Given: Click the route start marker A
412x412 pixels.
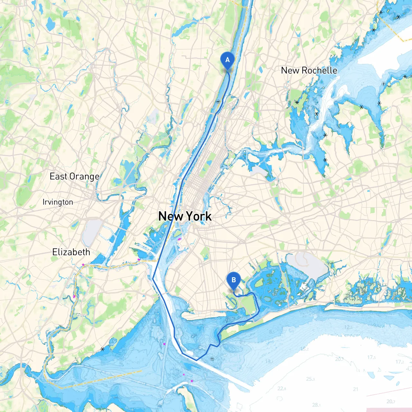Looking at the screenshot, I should pyautogui.click(x=228, y=60).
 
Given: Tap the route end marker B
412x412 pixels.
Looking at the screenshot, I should pyautogui.click(x=234, y=280).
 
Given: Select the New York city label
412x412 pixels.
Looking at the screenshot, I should pyautogui.click(x=185, y=216).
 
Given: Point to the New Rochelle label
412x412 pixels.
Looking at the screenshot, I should pyautogui.click(x=309, y=70).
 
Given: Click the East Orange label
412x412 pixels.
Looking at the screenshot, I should pyautogui.click(x=74, y=176).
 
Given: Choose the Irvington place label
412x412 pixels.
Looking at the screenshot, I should pyautogui.click(x=58, y=202).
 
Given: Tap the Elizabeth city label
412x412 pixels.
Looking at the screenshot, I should pyautogui.click(x=71, y=252).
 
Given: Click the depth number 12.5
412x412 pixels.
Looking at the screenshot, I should pyautogui.click(x=348, y=327).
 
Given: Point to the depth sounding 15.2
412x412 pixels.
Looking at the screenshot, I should pyautogui.click(x=304, y=349).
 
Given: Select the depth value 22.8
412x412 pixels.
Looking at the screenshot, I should pyautogui.click(x=282, y=389).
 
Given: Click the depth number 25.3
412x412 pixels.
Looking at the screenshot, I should pyautogui.click(x=311, y=379).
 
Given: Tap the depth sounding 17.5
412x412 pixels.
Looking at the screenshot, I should pyautogui.click(x=371, y=357).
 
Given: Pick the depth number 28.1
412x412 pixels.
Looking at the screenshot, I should pyautogui.click(x=316, y=405).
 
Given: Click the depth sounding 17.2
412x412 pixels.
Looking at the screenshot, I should pyautogui.click(x=399, y=362).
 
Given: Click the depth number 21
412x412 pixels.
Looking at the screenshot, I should pyautogui.click(x=355, y=389).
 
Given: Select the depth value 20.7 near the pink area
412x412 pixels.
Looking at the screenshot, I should pyautogui.click(x=391, y=401).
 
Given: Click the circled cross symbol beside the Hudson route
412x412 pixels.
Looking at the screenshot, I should pyautogui.click(x=218, y=102).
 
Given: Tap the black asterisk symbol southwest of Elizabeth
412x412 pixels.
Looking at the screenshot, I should pyautogui.click(x=102, y=349).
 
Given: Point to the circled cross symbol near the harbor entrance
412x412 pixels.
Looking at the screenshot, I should pyautogui.click(x=212, y=359).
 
